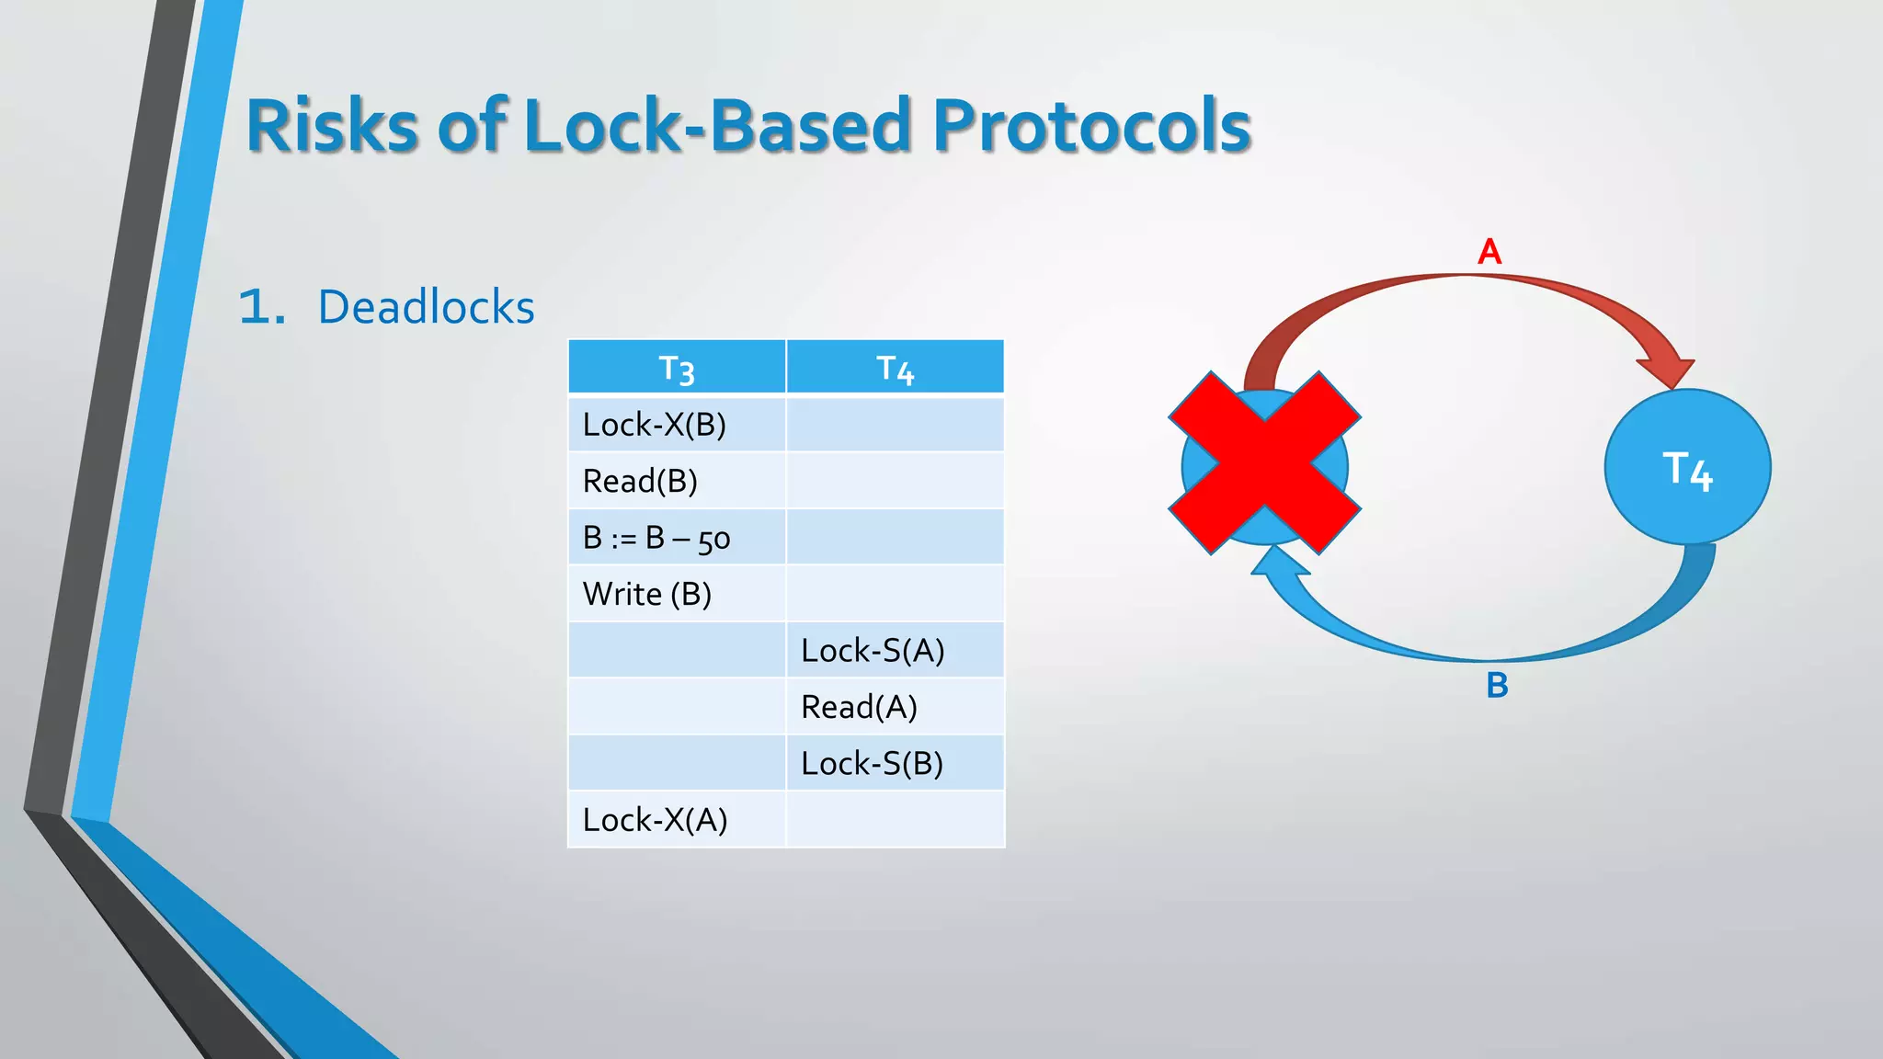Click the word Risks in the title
pyautogui.click(x=333, y=126)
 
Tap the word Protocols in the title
pyautogui.click(x=1091, y=126)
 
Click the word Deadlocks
pyautogui.click(x=426, y=307)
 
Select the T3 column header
pyautogui.click(x=677, y=368)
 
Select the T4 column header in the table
pyautogui.click(x=895, y=368)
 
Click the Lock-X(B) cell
pyautogui.click(x=677, y=425)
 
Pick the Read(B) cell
pyautogui.click(x=677, y=481)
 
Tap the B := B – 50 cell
pyautogui.click(x=677, y=538)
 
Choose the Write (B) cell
pyautogui.click(x=677, y=594)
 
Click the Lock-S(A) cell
pyautogui.click(x=895, y=651)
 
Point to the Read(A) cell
pyautogui.click(x=895, y=707)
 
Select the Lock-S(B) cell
pyautogui.click(x=895, y=763)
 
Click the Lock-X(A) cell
pyautogui.click(x=677, y=820)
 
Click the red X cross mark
pyautogui.click(x=1264, y=463)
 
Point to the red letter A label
pyautogui.click(x=1489, y=252)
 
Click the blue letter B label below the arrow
pyautogui.click(x=1497, y=686)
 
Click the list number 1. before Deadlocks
pyautogui.click(x=261, y=307)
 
